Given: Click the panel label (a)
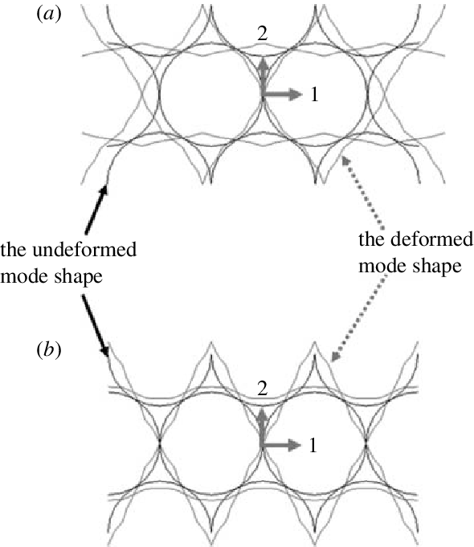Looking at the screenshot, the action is pos(49,14).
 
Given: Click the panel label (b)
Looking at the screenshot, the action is pos(49,350).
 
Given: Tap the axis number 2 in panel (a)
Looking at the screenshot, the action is pos(263,34).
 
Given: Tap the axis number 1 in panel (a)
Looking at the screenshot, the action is pos(314,94).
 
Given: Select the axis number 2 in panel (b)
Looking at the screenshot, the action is pos(263,388).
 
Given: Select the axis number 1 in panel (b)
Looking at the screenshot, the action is pos(313,445).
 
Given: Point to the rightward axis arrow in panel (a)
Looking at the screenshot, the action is pos(282,94).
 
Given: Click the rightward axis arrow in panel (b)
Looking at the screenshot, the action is pos(281,445).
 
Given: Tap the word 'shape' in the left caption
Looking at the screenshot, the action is pos(78,277).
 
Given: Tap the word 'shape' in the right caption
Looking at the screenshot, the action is pos(437,267).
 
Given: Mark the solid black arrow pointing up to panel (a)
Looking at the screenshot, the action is pos(96,210).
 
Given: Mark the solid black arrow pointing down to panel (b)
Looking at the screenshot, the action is pos(96,326).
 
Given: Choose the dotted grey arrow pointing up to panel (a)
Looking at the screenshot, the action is pos(362,193).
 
